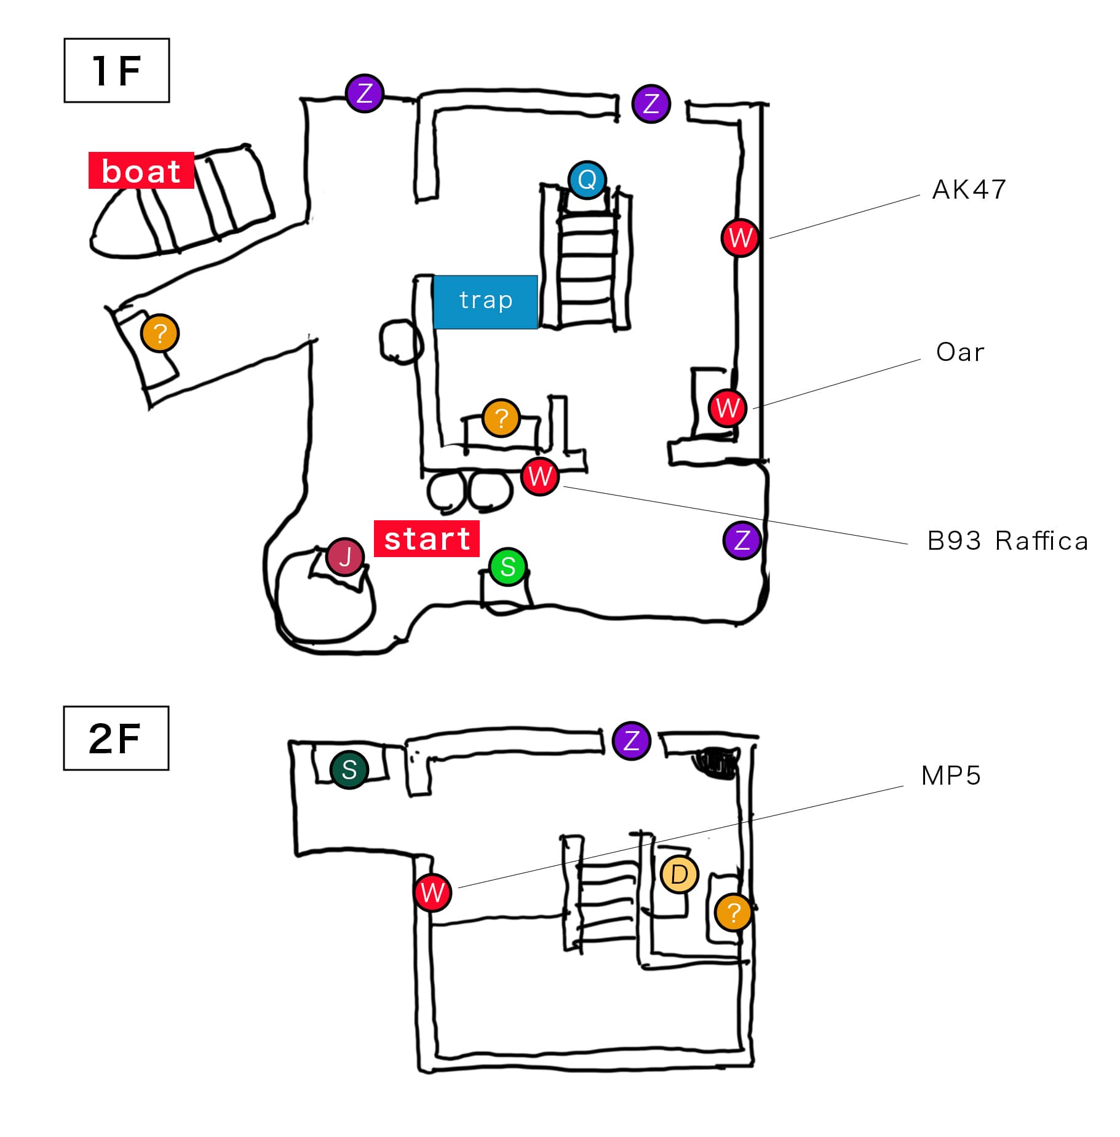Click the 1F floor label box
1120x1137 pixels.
[x=116, y=70]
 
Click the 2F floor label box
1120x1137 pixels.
[x=116, y=737]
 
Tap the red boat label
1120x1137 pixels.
[x=141, y=170]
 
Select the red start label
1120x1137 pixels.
[x=427, y=539]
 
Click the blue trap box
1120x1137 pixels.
[x=485, y=301]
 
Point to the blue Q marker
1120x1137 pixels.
[x=587, y=180]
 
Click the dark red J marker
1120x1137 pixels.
[x=345, y=557]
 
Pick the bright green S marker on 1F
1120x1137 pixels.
[x=508, y=566]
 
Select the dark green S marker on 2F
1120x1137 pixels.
[x=349, y=769]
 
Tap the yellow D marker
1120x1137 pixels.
[x=679, y=874]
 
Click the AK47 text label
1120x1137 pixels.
[x=969, y=189]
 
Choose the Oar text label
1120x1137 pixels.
[x=960, y=352]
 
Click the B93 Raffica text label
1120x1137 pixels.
[x=1007, y=541]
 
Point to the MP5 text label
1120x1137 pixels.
[x=951, y=776]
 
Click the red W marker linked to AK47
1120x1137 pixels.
[x=740, y=237]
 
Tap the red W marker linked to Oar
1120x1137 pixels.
[x=728, y=408]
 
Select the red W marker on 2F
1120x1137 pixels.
[x=433, y=892]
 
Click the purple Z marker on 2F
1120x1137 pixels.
[x=632, y=740]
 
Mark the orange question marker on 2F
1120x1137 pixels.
[x=733, y=912]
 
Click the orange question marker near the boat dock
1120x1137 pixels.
[x=160, y=333]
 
